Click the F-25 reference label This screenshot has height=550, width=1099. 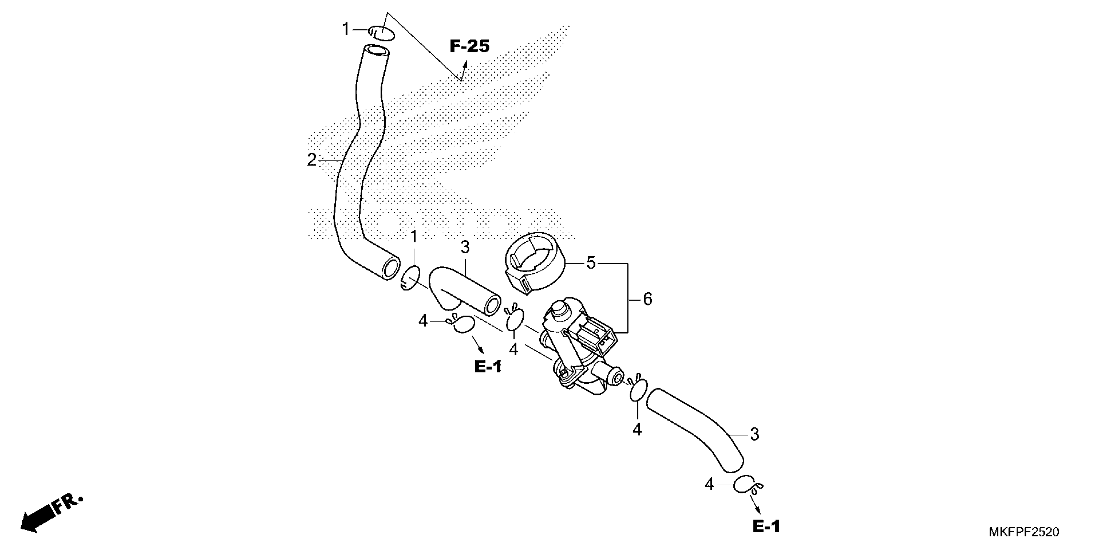470,46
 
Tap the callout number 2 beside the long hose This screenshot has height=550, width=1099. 312,160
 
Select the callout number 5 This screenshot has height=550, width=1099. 591,263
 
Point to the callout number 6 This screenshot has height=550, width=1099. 647,299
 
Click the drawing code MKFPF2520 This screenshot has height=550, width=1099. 1023,532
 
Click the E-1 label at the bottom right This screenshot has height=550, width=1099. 766,526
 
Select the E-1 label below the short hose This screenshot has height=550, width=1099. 488,366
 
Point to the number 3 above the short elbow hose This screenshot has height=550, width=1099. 465,247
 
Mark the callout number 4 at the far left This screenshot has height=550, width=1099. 422,321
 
